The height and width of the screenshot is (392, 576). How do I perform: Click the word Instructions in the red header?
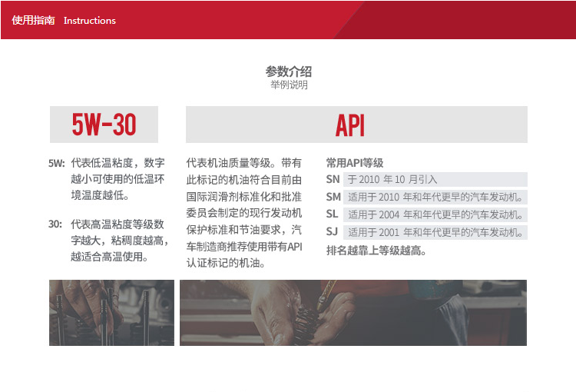pos(90,21)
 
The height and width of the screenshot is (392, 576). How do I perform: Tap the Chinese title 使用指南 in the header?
pos(34,20)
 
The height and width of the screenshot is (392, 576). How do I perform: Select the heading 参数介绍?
pos(289,71)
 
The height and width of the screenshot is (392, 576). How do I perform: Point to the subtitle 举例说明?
pos(289,85)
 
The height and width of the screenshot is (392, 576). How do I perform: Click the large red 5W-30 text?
pos(104,125)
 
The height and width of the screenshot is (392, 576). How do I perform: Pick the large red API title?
pos(350,125)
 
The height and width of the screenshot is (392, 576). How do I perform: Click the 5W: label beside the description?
pos(57,163)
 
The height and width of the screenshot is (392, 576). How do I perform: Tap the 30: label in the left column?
pos(55,224)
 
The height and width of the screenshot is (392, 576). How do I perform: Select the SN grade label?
pos(333,179)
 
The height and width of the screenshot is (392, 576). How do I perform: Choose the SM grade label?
pos(333,197)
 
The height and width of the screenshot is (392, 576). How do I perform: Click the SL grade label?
pos(332,214)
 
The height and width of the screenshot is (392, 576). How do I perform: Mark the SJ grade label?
pos(332,231)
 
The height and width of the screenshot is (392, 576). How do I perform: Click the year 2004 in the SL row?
pos(389,214)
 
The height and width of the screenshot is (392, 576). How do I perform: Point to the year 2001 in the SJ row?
pos(389,232)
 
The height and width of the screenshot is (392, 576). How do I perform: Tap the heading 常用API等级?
pos(355,162)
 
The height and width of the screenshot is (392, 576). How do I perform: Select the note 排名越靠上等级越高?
pos(376,251)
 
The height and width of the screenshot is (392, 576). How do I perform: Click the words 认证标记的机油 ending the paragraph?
pos(226,263)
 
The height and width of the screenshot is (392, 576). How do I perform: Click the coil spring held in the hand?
pos(306,321)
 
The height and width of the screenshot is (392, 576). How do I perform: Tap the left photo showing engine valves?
pos(111,313)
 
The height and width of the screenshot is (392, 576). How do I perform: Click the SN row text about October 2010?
pos(392,179)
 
